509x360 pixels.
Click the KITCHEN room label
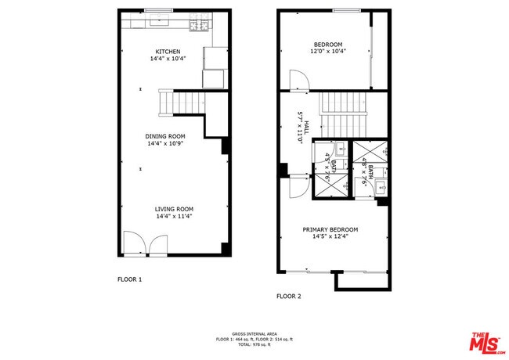point(168,52)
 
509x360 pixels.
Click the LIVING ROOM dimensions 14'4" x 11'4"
point(174,216)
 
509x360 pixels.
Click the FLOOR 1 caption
point(130,279)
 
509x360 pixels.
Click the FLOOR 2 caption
point(288,297)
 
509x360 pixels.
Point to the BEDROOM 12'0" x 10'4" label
point(328,48)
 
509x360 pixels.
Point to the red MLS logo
point(486,341)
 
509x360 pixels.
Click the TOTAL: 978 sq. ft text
point(254,344)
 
